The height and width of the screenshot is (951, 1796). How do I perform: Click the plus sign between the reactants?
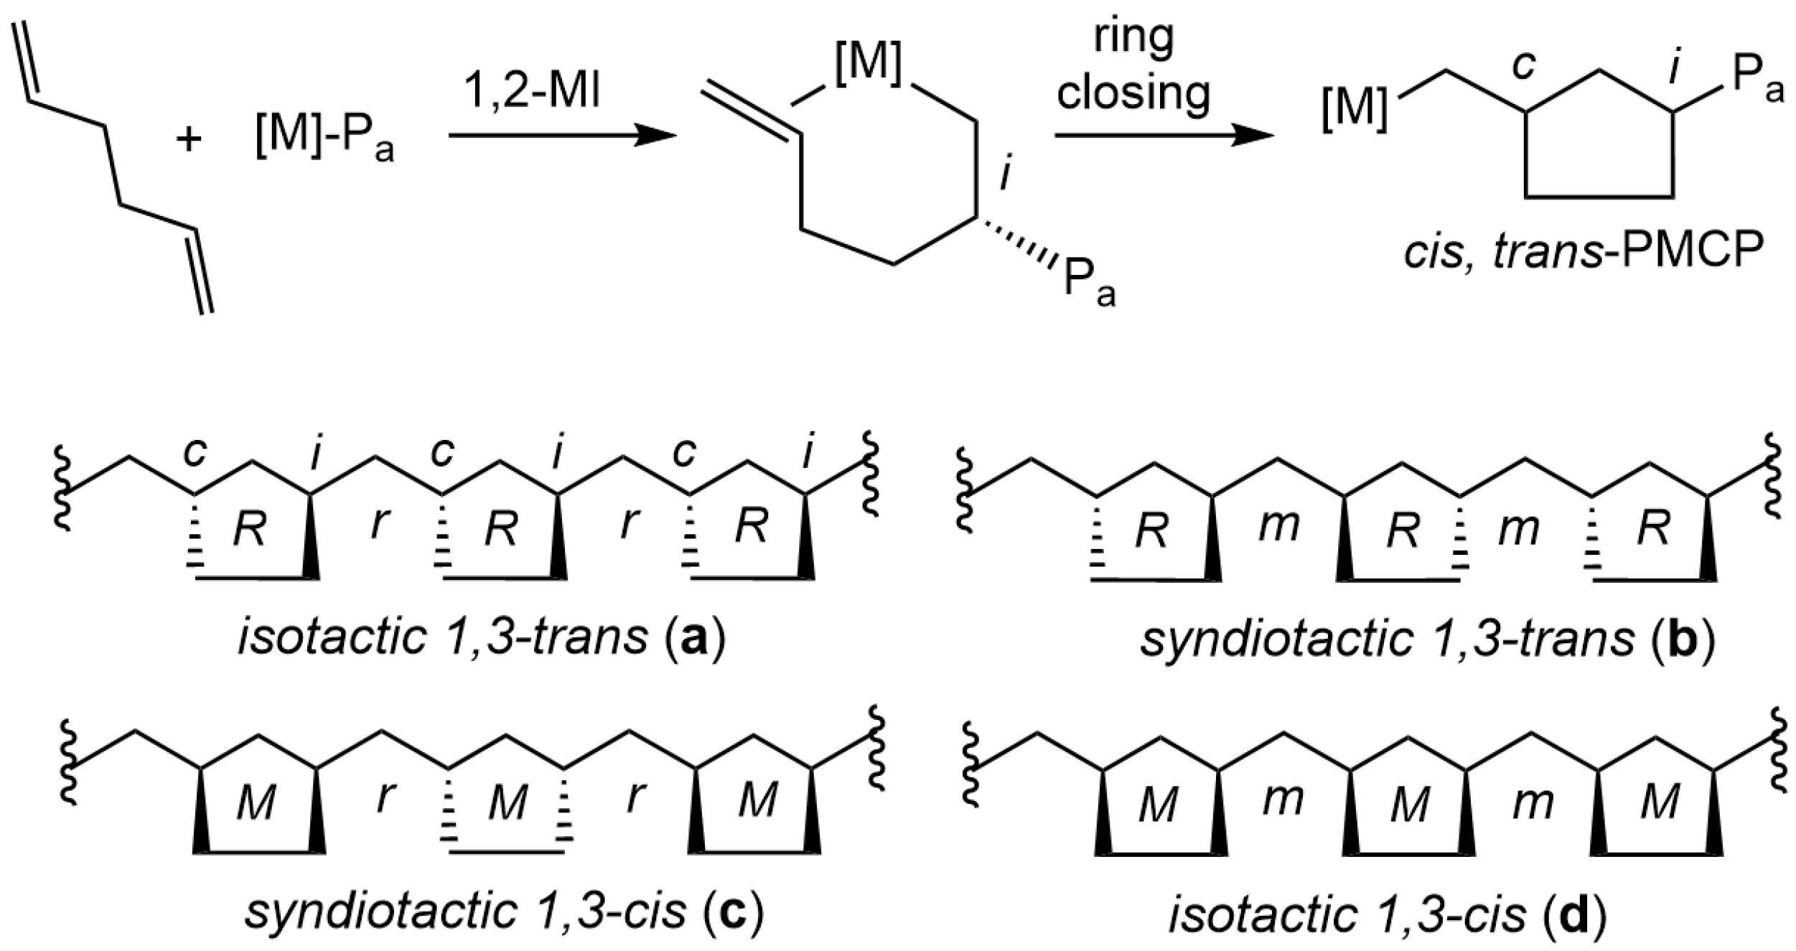[x=189, y=139]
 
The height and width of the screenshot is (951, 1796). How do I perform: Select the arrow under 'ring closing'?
[x=1162, y=136]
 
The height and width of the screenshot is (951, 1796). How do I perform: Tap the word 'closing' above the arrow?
[x=1133, y=93]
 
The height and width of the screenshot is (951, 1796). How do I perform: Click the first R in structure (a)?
[x=249, y=530]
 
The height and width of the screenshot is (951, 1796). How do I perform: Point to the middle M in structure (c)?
[x=507, y=802]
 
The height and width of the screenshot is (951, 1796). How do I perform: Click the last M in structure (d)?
[x=1661, y=803]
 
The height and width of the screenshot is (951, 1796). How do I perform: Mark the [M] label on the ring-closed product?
[x=1353, y=113]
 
